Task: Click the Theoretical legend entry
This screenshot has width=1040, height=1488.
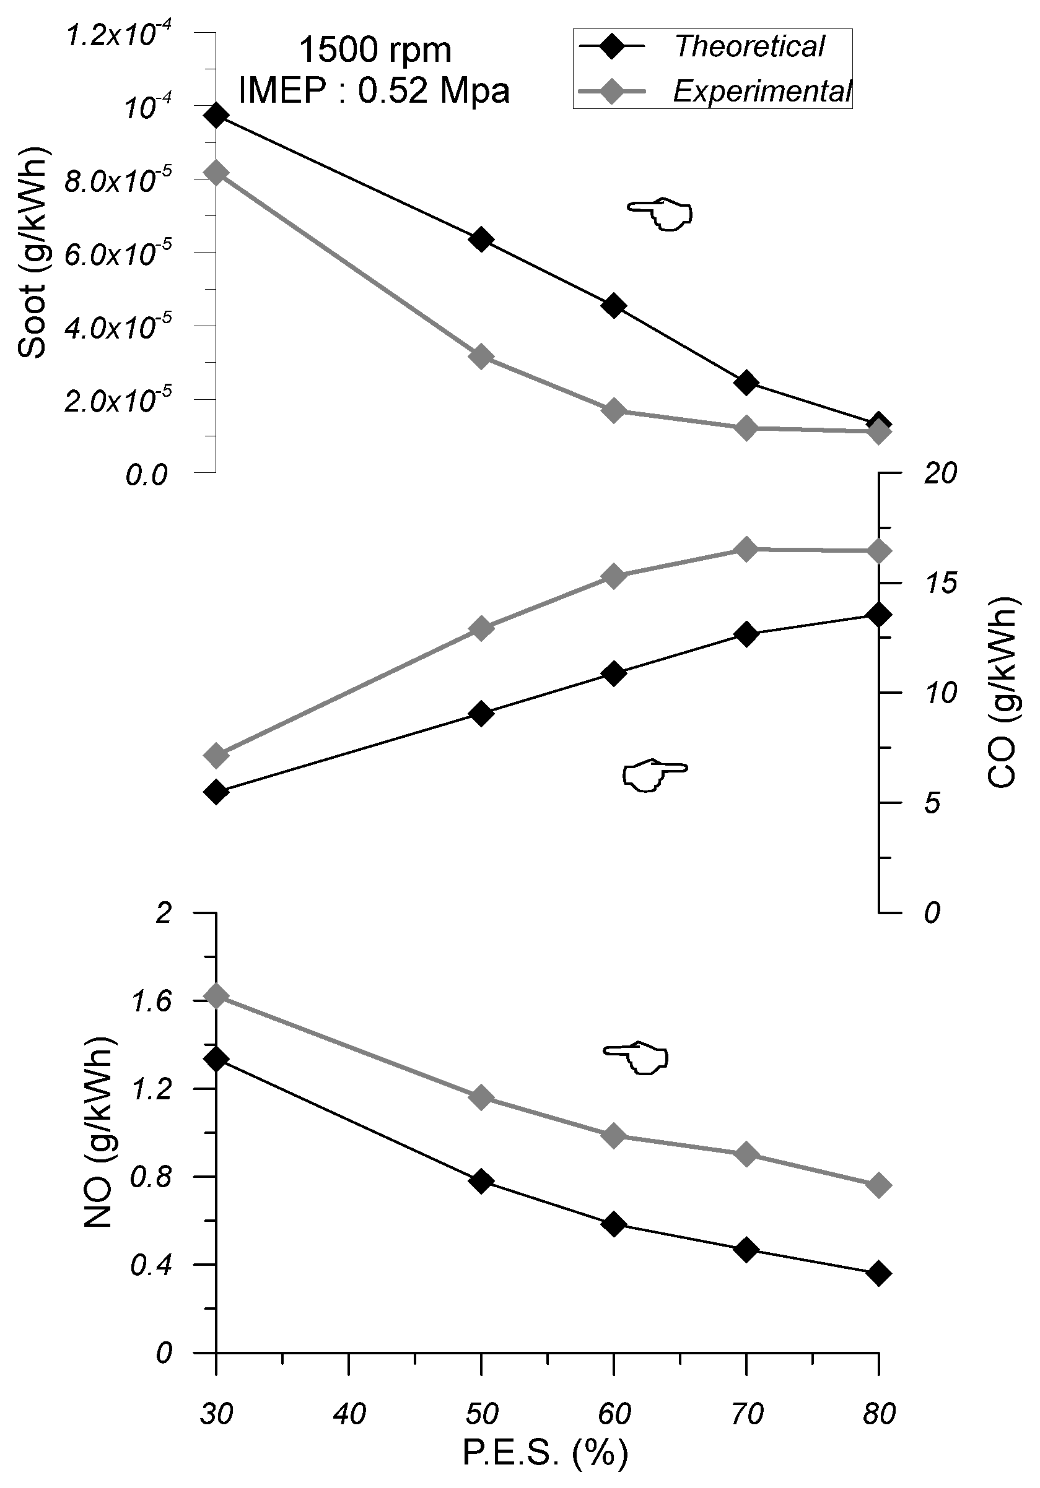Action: point(749,46)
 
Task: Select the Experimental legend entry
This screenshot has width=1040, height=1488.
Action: point(761,92)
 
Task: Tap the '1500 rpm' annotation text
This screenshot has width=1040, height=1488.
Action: point(375,51)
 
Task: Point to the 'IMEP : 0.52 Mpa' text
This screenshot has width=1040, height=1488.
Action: point(374,91)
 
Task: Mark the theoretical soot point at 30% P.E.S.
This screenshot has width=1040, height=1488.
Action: point(216,116)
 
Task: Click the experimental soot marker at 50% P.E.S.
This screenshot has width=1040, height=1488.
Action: point(481,357)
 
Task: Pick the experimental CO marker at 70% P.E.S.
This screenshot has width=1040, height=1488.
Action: point(746,550)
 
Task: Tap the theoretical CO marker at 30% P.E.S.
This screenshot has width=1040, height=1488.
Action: point(216,791)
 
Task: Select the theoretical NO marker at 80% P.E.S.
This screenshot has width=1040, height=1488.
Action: point(878,1273)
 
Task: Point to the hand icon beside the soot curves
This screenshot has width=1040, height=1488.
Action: point(660,213)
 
